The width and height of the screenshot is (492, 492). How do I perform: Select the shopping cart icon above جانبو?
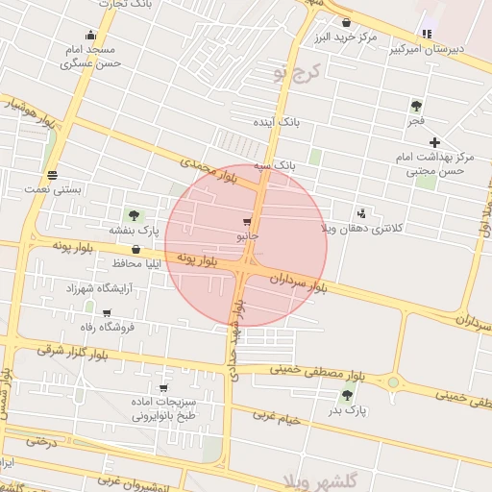point(248,222)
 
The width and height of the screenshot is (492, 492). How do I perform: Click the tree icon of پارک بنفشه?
point(133,215)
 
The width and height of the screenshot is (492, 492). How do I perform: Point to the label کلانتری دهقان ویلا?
point(353,229)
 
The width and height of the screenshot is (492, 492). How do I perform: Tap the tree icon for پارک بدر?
point(347,395)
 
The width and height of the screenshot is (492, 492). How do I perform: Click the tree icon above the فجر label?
point(416,106)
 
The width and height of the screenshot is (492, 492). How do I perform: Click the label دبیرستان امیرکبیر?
point(458,47)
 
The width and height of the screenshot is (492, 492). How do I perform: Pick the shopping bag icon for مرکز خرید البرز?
point(346,22)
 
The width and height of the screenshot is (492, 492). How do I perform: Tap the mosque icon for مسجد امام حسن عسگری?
point(90,36)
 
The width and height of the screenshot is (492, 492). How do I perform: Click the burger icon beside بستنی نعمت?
point(52,176)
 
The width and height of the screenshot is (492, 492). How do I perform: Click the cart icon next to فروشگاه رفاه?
point(107,313)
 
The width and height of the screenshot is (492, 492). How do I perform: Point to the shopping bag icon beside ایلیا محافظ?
point(135,250)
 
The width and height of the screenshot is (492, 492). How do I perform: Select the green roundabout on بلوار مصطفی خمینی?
point(392,382)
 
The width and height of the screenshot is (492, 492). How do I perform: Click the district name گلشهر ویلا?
point(324,478)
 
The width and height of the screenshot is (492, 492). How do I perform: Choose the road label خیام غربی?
point(278,418)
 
